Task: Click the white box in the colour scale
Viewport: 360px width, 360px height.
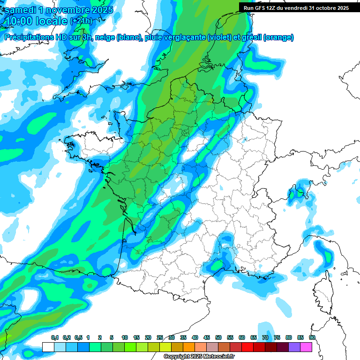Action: pyautogui.click(x=48, y=347)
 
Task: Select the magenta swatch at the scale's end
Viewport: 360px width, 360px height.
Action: pyautogui.click(x=306, y=347)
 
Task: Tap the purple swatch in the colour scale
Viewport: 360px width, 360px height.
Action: pyautogui.click(x=294, y=347)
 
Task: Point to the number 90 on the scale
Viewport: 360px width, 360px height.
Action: pyautogui.click(x=312, y=337)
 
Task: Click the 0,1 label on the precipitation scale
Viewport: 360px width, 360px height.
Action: pyautogui.click(x=55, y=337)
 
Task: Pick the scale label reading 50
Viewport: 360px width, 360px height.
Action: pyautogui.click(x=218, y=337)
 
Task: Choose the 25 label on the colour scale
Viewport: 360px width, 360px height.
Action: pyautogui.click(x=160, y=337)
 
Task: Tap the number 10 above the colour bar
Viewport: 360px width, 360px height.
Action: pyautogui.click(x=125, y=337)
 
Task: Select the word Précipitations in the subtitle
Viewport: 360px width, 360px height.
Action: pyautogui.click(x=28, y=37)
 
